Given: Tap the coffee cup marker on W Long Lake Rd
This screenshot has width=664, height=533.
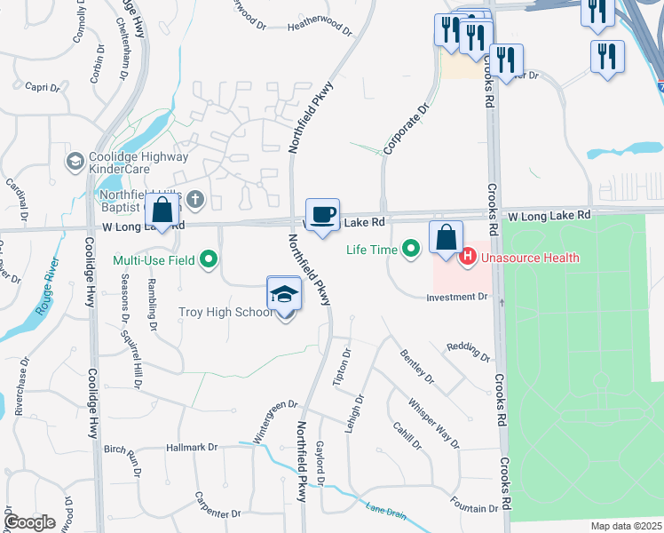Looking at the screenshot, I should (323, 214).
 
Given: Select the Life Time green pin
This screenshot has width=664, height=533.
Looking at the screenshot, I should (410, 250).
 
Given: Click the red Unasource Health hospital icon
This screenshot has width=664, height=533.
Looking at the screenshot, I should (467, 258).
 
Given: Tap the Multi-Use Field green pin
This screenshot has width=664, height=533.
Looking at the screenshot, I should (209, 260).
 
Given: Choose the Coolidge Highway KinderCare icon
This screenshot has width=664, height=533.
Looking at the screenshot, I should (75, 161).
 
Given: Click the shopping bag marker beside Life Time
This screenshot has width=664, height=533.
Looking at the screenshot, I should (447, 238).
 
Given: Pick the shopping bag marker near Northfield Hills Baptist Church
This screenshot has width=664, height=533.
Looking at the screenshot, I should (162, 211).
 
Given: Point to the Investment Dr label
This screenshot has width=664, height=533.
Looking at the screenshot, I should (456, 297).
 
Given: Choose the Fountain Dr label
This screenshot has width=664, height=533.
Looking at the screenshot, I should (474, 509).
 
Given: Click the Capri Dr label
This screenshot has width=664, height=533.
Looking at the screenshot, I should (42, 87).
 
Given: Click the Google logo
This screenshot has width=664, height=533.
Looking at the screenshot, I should (29, 522).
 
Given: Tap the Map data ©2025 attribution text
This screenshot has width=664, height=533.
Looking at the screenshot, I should (625, 526).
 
